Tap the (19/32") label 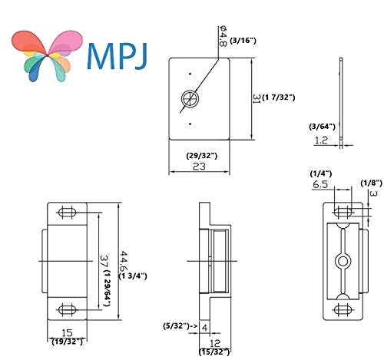pos(67,342)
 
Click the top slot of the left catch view pos(67,213)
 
